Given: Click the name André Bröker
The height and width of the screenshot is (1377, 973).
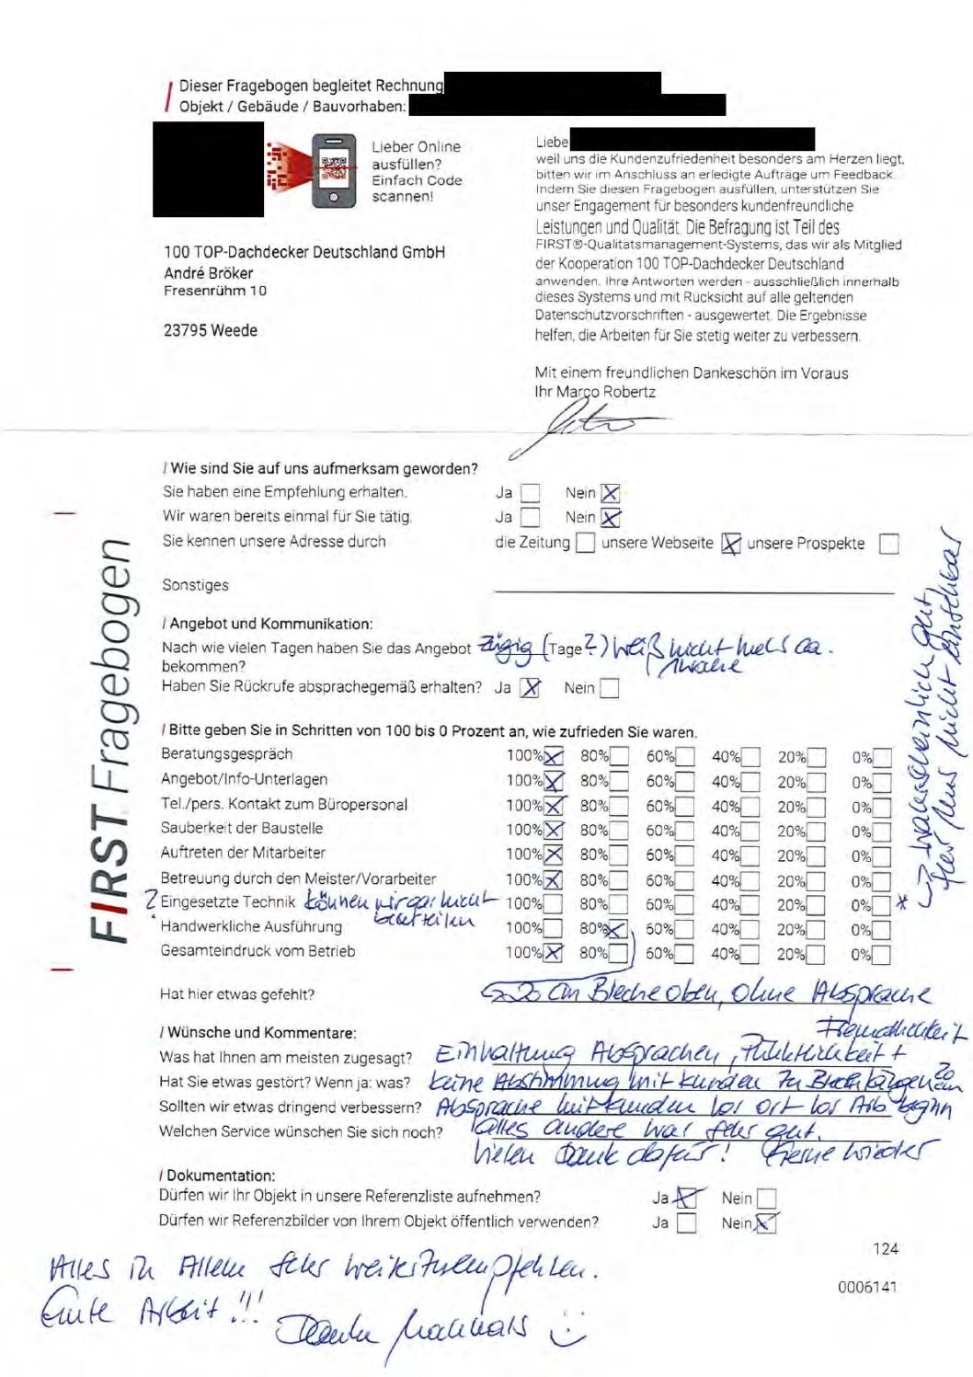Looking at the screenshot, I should tap(209, 273).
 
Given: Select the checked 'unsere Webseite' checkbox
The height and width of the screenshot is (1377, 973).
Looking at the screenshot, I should tap(730, 544).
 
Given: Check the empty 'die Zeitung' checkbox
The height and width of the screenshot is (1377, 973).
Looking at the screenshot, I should tap(585, 543).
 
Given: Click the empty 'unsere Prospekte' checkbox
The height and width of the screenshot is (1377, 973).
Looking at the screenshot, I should tap(888, 544).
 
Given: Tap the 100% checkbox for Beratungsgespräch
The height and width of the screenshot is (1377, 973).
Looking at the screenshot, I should tap(554, 757).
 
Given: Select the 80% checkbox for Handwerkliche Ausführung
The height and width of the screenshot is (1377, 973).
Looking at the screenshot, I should tap(618, 929).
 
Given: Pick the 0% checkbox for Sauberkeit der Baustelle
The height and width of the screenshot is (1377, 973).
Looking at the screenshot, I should tap(882, 832).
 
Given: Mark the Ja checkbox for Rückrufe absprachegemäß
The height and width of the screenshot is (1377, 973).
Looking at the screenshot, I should tap(531, 688).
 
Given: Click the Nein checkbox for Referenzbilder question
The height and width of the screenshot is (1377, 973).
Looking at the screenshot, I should tap(765, 1223).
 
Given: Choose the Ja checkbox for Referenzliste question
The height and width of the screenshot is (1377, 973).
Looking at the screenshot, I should tap(686, 1199).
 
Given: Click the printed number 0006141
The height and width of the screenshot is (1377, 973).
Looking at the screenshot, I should tap(867, 1287).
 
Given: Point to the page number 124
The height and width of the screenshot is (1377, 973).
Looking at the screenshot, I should tap(886, 1248).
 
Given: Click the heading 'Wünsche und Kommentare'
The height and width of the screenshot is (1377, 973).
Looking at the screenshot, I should tap(262, 1033).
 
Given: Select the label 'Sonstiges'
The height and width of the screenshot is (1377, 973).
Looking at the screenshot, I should tap(195, 585).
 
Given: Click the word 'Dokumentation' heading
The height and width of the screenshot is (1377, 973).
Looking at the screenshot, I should tap(221, 1176).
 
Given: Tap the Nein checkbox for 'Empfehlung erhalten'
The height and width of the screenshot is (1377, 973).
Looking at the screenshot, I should tap(611, 494).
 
